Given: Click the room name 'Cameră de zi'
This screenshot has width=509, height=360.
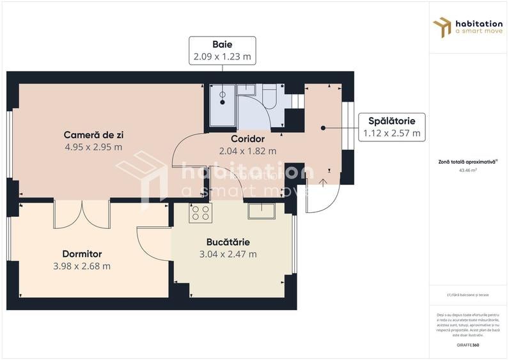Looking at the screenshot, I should coord(93,135).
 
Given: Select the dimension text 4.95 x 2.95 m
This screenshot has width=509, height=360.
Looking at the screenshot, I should coord(93,147).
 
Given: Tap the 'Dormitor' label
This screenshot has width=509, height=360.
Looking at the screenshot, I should coord(82,254).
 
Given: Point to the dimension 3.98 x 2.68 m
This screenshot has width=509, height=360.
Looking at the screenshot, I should coord(82,266).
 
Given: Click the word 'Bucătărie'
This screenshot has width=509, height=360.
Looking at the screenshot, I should coord(228,242).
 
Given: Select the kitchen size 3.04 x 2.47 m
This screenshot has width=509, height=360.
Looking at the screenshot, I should coord(228,254).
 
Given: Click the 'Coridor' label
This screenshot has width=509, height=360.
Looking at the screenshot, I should coord(247,139).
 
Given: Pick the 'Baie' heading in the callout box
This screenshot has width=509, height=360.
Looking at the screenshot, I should coord(222,44).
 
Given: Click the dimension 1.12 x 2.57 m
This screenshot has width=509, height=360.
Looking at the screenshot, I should coord(391,133).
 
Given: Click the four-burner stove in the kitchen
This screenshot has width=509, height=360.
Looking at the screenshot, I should coord(200,213).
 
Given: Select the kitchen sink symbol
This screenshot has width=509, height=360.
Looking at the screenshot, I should coord(262,211).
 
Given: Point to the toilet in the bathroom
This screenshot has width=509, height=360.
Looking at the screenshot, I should coord(269,97).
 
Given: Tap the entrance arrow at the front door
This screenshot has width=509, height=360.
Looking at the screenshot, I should coord(324,183).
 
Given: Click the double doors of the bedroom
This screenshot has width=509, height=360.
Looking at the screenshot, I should coord(82,214).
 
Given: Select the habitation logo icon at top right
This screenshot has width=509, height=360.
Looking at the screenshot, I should coord(442,27).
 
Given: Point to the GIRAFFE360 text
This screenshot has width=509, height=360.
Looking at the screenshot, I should coord(469,345).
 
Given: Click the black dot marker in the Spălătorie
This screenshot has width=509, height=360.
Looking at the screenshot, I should coord(324,128).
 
